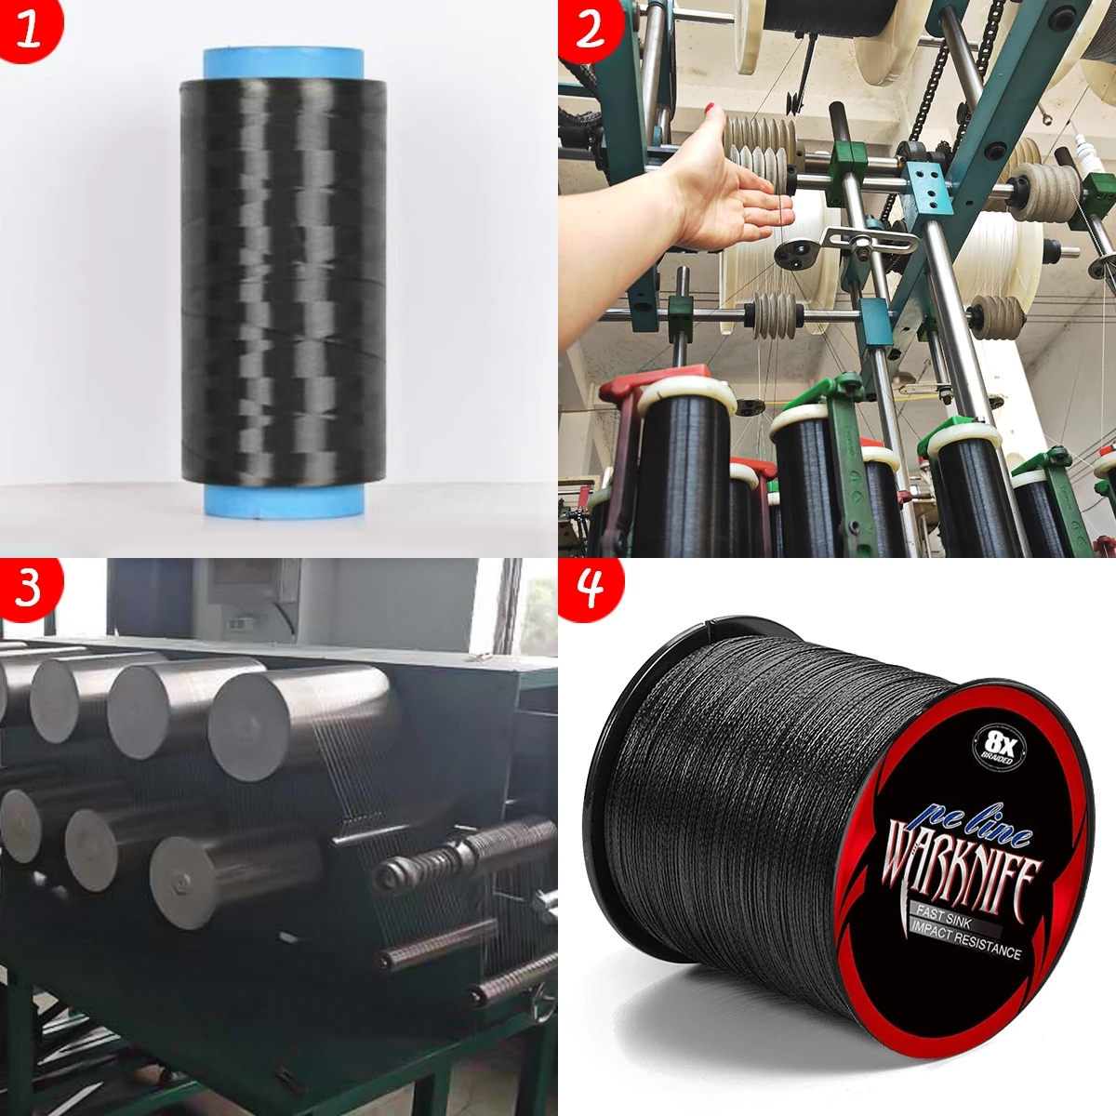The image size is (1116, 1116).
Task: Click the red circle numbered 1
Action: point(29,28)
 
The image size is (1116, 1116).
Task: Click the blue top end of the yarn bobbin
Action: point(284,65)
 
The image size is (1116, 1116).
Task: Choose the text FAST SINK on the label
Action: point(944,919)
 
